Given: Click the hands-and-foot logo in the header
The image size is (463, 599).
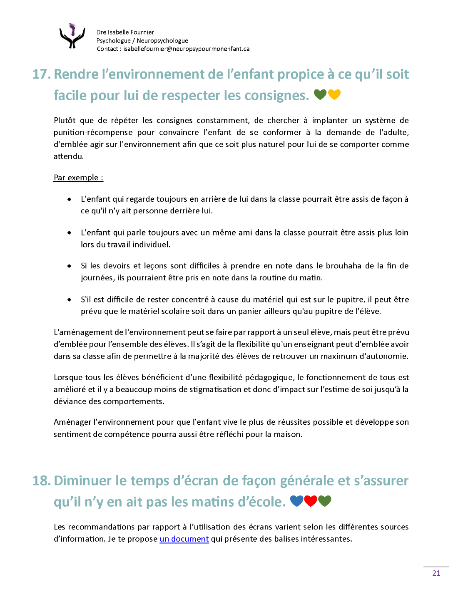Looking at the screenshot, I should pos(72,36).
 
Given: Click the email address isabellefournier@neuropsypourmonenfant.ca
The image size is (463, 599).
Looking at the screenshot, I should pos(187,49).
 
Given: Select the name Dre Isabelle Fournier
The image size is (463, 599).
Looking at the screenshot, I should pos(125,32).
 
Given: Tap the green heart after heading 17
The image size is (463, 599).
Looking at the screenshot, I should pos(320,95).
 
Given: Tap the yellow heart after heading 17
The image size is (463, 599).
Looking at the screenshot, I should pos(334,95).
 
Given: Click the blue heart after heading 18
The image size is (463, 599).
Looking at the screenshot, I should pos(296,501).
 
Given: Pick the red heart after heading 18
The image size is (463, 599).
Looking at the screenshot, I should pos(311,501).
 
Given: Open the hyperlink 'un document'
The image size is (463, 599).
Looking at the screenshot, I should pos(184,539).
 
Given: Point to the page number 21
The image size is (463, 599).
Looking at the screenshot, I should pos(436,573).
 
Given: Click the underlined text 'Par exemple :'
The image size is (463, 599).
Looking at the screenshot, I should pos(78,178).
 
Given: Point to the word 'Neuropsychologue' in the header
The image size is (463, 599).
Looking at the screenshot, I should pos(162,40).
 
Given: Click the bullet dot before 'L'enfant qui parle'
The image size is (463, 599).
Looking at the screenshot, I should pos(69,233).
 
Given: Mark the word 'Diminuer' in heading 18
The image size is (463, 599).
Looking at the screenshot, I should pos(83,480).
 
